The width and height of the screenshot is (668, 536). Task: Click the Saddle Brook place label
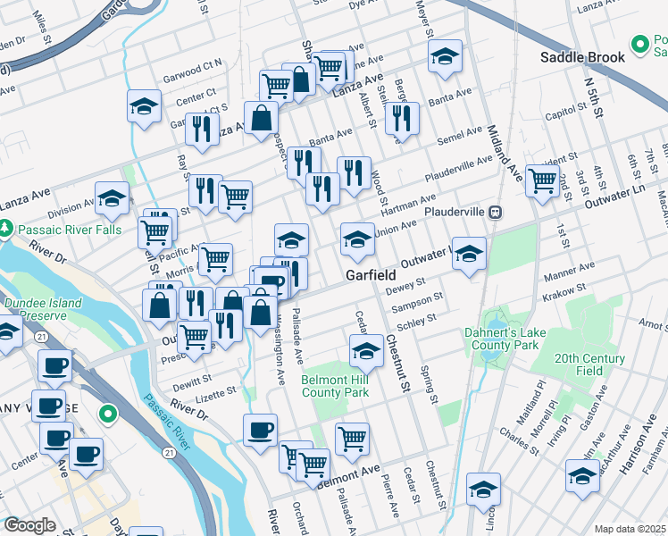[x=581, y=58]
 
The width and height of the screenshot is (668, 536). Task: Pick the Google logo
[x=29, y=524]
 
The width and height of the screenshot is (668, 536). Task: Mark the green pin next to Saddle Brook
[x=639, y=43]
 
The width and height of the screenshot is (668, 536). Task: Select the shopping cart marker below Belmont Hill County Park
[x=353, y=439]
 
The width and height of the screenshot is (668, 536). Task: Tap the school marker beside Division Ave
[x=112, y=197]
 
